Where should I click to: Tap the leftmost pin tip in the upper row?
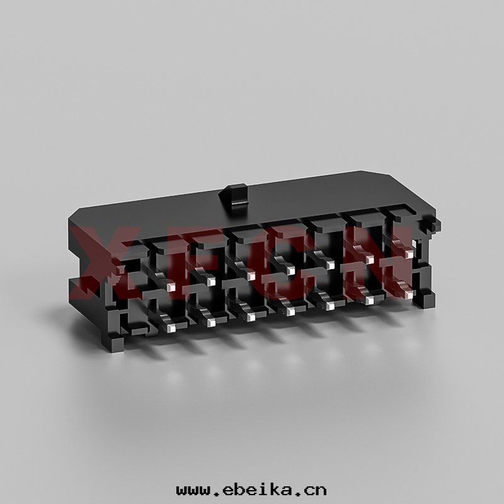pos(171,286)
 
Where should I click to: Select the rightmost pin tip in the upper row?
pos(409,255)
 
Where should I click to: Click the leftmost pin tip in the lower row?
pos(171,328)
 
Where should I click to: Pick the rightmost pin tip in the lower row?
pos(409,294)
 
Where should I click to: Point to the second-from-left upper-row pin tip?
pos(211,282)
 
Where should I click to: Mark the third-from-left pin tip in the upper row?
pos(251,276)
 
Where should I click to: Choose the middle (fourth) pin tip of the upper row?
pos(291,271)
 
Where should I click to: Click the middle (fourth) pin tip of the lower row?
pos(291,311)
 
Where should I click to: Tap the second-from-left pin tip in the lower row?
pos(211,323)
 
